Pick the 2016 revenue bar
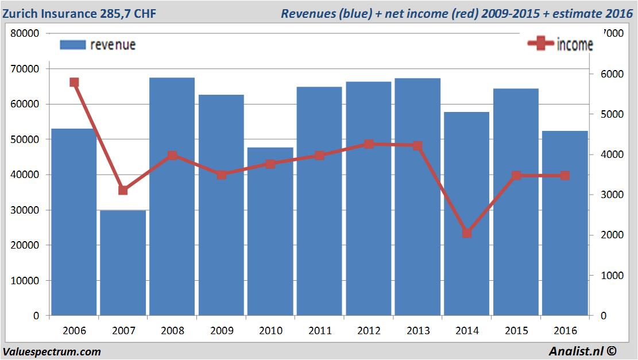tap(565, 223)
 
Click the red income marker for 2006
tap(74, 82)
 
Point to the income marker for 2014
tap(467, 233)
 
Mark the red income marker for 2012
tap(369, 144)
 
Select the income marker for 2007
tap(123, 190)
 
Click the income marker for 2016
tap(565, 175)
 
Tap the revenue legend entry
tap(98, 44)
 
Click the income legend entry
tap(560, 44)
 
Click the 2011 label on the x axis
tap(319, 331)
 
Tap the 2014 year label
tap(467, 331)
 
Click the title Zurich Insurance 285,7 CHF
tap(79, 13)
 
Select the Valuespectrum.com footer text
tap(52, 351)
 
